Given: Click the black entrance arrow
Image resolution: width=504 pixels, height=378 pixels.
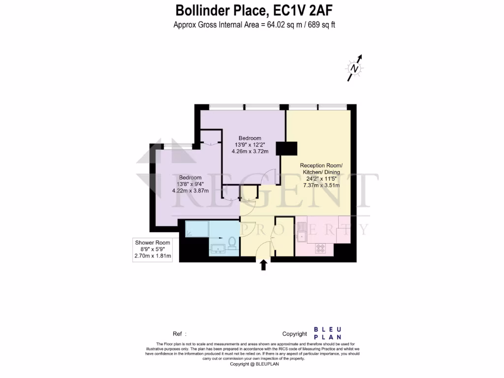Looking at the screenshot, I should tap(263, 265).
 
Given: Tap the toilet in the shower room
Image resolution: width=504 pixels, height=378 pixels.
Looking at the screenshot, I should tap(231, 243).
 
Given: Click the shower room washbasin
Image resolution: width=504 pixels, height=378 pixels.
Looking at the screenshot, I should tap(217, 248).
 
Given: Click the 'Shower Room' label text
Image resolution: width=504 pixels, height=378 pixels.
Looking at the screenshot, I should tap(153, 243).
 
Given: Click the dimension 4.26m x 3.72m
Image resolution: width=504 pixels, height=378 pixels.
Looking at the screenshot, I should tap(250, 151).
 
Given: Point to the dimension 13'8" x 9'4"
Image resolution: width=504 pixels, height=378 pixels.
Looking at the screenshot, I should tap(190, 184).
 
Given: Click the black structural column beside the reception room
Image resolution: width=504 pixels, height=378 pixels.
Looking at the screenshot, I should tap(286, 148).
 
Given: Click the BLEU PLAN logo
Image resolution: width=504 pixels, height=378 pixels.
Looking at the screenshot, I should tap(327, 333).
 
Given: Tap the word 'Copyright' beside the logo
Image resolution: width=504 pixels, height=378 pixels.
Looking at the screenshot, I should tap(294, 334).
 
